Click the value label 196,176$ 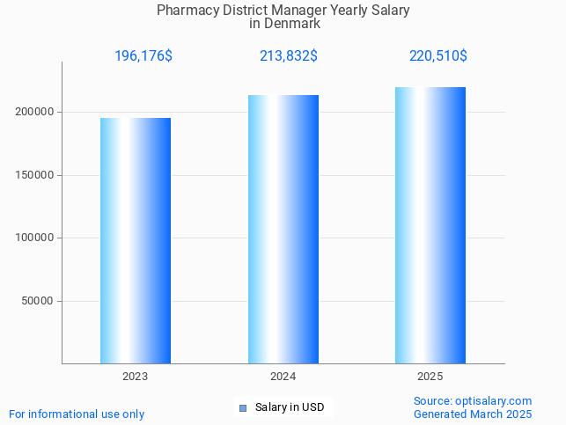pos(143,56)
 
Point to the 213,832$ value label pos(289,56)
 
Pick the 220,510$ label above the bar pos(437,56)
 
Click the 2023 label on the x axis pos(136,377)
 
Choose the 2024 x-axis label pos(283,377)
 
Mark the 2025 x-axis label pos(430,377)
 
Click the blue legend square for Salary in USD pos(243,407)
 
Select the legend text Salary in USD pos(290,407)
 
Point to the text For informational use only pos(77,414)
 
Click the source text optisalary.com pos(493,401)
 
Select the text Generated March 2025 pos(473,414)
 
